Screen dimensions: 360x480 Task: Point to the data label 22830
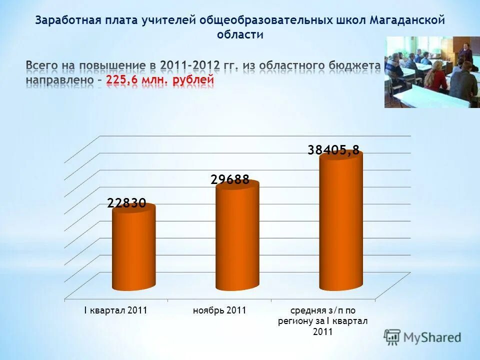point(126,203)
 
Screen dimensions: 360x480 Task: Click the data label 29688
point(230,180)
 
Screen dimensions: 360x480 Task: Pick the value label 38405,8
point(333,149)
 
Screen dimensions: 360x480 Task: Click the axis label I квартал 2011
point(115,310)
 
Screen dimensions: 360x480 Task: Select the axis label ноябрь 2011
point(219,310)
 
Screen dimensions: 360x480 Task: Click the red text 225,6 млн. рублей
point(160,80)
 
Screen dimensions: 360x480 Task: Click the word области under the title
point(240,35)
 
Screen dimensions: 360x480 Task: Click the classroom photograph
point(432,71)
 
